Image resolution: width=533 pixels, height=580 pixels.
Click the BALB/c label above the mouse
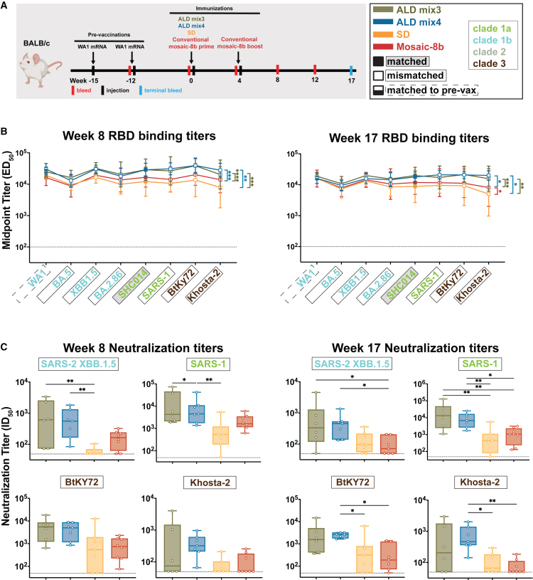click(x=36, y=43)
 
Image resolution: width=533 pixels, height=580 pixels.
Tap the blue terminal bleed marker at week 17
click(x=351, y=70)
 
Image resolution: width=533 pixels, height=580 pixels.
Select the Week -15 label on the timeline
click(x=83, y=80)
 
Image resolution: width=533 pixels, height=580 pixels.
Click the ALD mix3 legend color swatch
click(x=382, y=10)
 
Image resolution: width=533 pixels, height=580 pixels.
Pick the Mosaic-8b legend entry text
click(x=420, y=47)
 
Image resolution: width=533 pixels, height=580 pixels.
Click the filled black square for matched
click(x=378, y=61)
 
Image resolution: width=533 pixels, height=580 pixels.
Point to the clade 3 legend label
click(x=489, y=63)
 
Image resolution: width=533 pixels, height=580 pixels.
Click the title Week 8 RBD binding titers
click(x=139, y=136)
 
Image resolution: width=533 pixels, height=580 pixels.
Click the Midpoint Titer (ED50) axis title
click(x=7, y=200)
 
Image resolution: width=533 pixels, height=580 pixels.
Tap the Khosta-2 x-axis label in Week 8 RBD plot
click(x=205, y=286)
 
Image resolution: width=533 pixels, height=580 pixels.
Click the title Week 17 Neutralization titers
click(x=415, y=348)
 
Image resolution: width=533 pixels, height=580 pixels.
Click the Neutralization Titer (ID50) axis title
click(x=6, y=466)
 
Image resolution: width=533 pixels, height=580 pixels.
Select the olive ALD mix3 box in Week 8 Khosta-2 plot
click(x=173, y=548)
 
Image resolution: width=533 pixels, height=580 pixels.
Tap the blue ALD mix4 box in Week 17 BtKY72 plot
click(x=340, y=535)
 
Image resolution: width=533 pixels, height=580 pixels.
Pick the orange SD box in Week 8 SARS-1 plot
click(x=220, y=436)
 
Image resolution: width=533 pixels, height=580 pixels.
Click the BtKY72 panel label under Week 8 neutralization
click(x=82, y=483)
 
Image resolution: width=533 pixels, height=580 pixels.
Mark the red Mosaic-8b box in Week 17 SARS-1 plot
click(x=513, y=436)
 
